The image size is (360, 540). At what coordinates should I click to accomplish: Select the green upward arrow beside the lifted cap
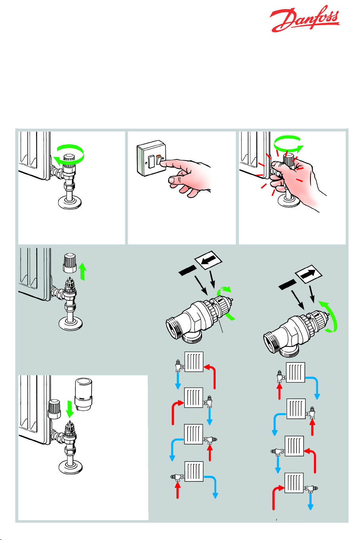pyautogui.click(x=82, y=272)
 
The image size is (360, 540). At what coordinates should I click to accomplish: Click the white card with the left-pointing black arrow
pyautogui.click(x=209, y=262)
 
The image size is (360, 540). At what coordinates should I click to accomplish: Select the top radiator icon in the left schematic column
pyautogui.click(x=194, y=362)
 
